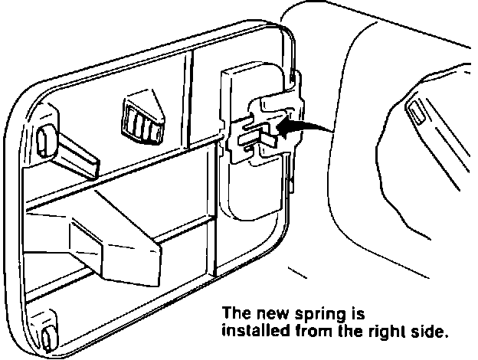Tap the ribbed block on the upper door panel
pyautogui.click(x=141, y=118)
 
